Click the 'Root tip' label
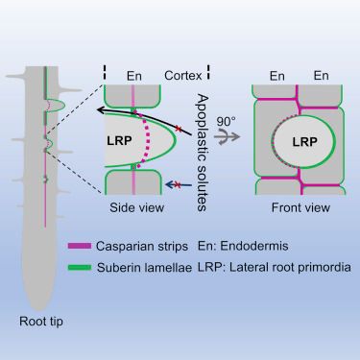pos(41,322)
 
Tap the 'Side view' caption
pos(136,207)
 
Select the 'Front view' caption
pos(300,207)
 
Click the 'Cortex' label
pos(183,76)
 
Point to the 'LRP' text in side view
pos(119,140)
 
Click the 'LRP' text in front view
pos(304,142)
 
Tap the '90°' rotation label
pos(226,122)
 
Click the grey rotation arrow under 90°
pos(227,136)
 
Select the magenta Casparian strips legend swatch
pos(80,246)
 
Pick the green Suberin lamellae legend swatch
pos(80,268)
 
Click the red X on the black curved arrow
pos(179,129)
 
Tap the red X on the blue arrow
pos(179,184)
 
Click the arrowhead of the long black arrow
pos(102,110)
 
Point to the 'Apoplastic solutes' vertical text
pos(202,153)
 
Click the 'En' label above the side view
pos(134,76)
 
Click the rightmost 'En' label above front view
pos(321,76)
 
